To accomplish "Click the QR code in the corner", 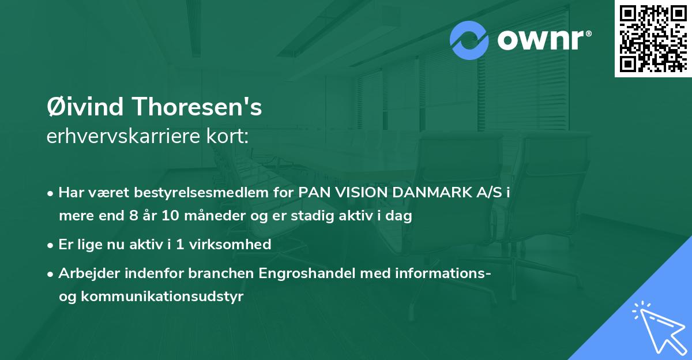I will pyautogui.click(x=653, y=39).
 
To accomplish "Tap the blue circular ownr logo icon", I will pyautogui.click(x=469, y=40).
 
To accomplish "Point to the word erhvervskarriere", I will pyautogui.click(x=122, y=137).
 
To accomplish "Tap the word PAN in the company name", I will pyautogui.click(x=312, y=193).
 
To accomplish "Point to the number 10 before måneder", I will pyautogui.click(x=172, y=216).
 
